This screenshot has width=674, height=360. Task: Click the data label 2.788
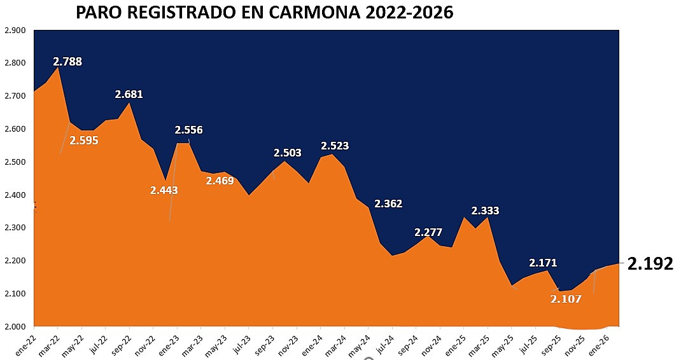click(67, 62)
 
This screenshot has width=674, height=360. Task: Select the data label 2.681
click(129, 94)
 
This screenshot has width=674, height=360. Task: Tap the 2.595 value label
click(84, 141)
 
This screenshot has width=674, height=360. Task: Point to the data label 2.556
click(188, 130)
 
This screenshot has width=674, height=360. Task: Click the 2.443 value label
click(164, 190)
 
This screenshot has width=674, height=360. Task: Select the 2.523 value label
click(335, 146)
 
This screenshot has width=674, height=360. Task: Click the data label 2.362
click(388, 204)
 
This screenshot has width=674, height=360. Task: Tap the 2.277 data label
click(428, 232)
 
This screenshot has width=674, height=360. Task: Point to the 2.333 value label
click(485, 211)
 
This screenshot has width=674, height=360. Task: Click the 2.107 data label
click(566, 298)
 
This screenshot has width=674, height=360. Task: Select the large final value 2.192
click(650, 264)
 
